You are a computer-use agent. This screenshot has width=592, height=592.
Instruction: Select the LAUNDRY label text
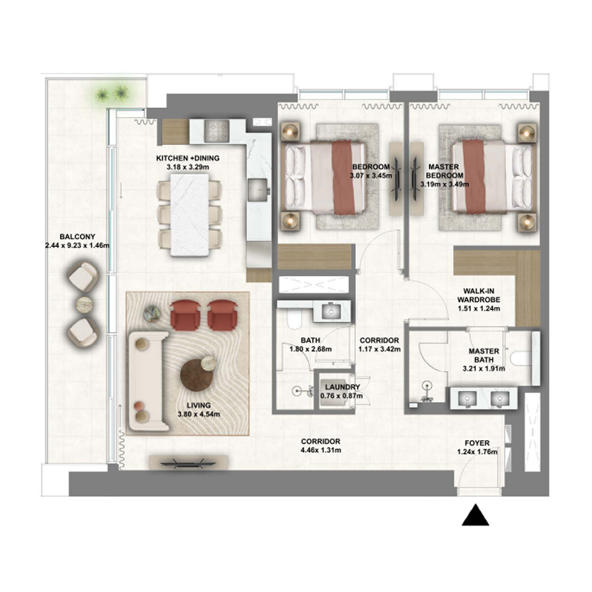pyautogui.click(x=342, y=387)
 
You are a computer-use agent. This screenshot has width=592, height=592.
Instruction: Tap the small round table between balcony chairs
pyautogui.click(x=84, y=303)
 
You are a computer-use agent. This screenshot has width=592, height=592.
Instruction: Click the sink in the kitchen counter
pyautogui.click(x=258, y=189)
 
